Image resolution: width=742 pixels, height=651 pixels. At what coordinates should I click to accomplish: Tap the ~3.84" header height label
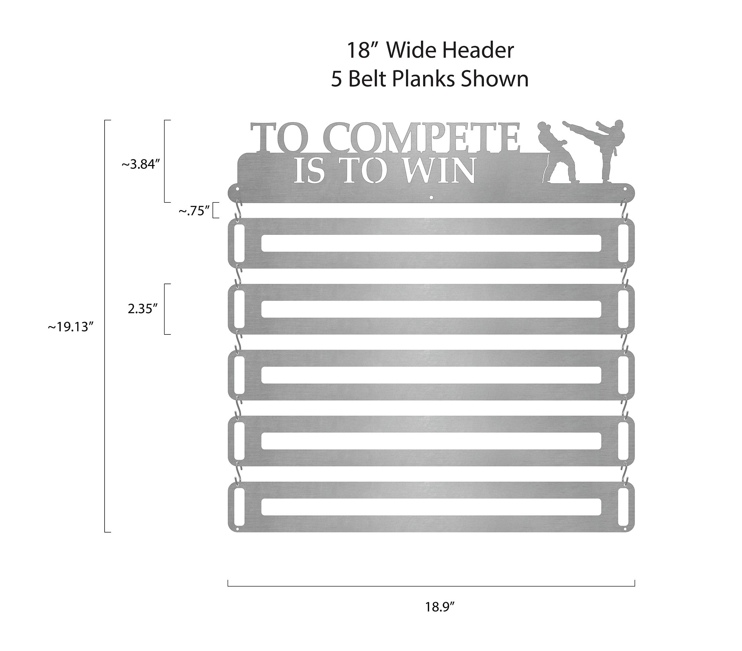pyautogui.click(x=141, y=165)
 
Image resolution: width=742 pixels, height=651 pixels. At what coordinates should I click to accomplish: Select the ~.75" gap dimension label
pyautogui.click(x=194, y=211)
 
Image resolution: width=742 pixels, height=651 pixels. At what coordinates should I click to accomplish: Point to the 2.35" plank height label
pyautogui.click(x=143, y=309)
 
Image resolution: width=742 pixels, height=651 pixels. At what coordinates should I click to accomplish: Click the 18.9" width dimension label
pyautogui.click(x=440, y=607)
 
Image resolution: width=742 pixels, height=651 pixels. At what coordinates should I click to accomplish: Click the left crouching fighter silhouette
pyautogui.click(x=558, y=153)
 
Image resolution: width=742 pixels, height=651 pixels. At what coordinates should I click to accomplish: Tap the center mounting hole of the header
pyautogui.click(x=431, y=197)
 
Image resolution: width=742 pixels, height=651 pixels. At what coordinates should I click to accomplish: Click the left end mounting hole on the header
pyautogui.click(x=238, y=189)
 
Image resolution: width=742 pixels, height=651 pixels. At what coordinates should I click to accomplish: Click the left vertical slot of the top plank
pyautogui.click(x=239, y=243)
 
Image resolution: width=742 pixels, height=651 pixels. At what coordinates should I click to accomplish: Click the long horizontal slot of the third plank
pyautogui.click(x=431, y=375)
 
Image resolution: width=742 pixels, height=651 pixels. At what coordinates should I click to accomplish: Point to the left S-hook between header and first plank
pyautogui.click(x=238, y=210)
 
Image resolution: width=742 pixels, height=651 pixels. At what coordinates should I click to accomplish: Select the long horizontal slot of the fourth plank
pyautogui.click(x=431, y=441)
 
